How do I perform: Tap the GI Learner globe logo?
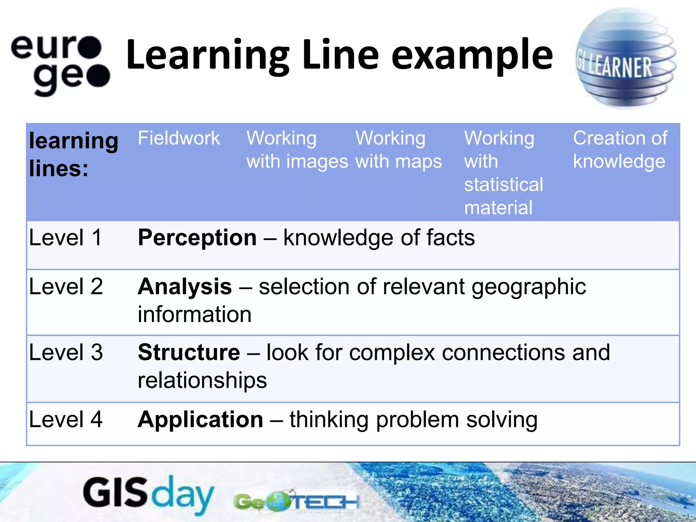(x=626, y=58)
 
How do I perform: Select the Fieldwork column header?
(x=179, y=138)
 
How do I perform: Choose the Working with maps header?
(x=398, y=150)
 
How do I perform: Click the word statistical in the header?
(x=503, y=185)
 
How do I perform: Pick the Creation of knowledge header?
(x=620, y=150)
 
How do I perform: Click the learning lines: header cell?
(x=73, y=155)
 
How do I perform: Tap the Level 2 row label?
(x=66, y=286)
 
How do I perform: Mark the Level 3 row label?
(x=66, y=352)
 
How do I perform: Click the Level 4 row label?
(x=66, y=419)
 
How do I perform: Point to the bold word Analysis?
(x=185, y=286)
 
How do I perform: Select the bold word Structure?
(x=189, y=352)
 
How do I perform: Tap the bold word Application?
(x=201, y=419)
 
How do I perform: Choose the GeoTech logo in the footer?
(x=296, y=502)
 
